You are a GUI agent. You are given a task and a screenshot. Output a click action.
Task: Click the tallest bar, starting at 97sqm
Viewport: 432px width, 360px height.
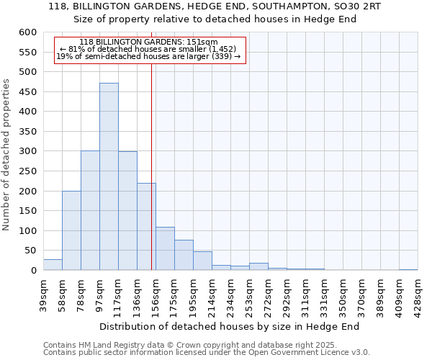(x=109, y=176)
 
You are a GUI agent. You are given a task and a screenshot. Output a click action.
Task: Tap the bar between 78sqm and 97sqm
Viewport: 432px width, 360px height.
(x=90, y=210)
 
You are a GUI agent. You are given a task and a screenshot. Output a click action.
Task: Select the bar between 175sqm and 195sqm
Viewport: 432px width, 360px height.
(x=184, y=255)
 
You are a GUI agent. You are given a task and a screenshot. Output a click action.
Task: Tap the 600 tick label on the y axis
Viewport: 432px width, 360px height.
(x=28, y=32)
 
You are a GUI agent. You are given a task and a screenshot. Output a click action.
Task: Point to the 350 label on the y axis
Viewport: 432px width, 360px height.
(x=28, y=132)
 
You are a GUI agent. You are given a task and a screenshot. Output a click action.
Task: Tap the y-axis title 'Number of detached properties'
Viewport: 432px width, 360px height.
(x=6, y=155)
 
